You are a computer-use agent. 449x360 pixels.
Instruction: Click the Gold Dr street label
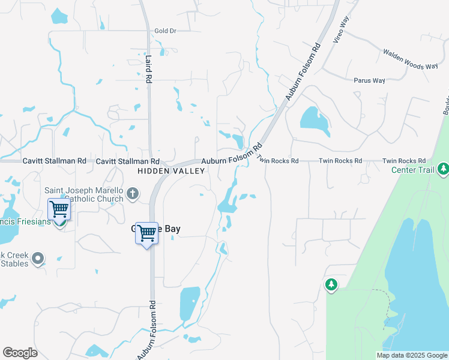pyautogui.click(x=165, y=31)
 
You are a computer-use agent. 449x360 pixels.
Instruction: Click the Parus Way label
pyautogui.click(x=369, y=80)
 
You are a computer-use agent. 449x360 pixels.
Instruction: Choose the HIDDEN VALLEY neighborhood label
pyautogui.click(x=171, y=171)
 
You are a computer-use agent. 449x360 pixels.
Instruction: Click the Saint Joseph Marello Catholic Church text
pyautogui.click(x=84, y=194)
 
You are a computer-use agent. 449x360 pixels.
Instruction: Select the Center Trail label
pyautogui.click(x=412, y=170)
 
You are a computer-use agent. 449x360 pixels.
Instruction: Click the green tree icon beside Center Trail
pyautogui.click(x=443, y=169)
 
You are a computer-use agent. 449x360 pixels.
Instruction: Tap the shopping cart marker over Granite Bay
pyautogui.click(x=147, y=233)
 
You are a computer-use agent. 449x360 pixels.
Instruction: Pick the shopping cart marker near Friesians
pyautogui.click(x=59, y=209)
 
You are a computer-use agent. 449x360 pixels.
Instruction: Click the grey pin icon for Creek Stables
pyautogui.click(x=38, y=259)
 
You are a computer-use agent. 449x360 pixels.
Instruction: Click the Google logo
pyautogui.click(x=20, y=353)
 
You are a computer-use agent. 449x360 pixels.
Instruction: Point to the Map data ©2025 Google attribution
pyautogui.click(x=412, y=355)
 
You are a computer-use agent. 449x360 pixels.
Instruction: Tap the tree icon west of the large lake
pyautogui.click(x=331, y=284)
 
